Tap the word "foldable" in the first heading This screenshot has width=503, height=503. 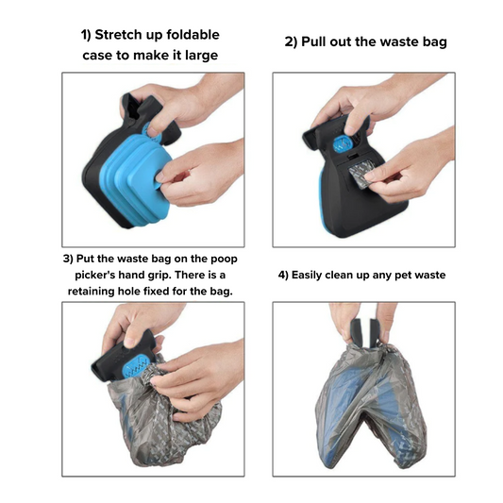tap(193, 35)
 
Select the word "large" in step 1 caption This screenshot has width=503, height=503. tap(201, 56)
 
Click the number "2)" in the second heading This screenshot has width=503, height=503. tap(292, 42)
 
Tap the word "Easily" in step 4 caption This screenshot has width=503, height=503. tap(307, 276)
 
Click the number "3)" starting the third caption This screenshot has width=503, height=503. tap(68, 259)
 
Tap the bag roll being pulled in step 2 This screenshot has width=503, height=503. tap(359, 177)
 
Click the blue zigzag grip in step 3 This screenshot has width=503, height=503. tap(136, 367)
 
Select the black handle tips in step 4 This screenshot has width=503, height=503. tap(365, 332)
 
